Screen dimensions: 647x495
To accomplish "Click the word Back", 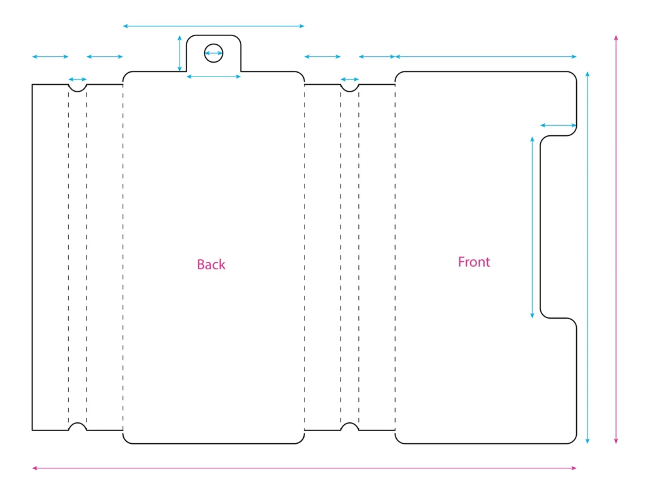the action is point(211,264).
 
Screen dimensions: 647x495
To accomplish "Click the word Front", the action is point(474,262).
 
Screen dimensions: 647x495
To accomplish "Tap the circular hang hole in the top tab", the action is point(214,44).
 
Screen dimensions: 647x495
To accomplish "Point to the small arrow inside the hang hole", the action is point(214,53).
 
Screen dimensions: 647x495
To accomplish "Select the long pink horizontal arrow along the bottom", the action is point(304,468).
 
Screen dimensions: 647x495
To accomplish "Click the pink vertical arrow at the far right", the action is point(615,240).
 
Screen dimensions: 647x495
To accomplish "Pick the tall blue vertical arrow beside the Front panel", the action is point(587,257).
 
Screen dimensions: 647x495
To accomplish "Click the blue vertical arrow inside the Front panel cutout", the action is point(532,228).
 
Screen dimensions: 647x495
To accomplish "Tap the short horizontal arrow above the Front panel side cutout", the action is point(559,125).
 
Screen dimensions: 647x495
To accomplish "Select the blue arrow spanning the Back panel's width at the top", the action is point(214,26).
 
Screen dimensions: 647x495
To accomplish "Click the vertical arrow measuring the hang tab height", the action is point(179,54).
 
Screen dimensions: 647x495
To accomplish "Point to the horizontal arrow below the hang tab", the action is point(214,76).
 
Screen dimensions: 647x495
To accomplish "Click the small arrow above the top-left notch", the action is point(78,79).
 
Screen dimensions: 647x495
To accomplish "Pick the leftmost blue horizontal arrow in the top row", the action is point(51,56).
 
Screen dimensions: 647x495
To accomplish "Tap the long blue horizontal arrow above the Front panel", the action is point(486,56).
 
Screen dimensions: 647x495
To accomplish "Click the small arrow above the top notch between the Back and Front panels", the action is point(349,79).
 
